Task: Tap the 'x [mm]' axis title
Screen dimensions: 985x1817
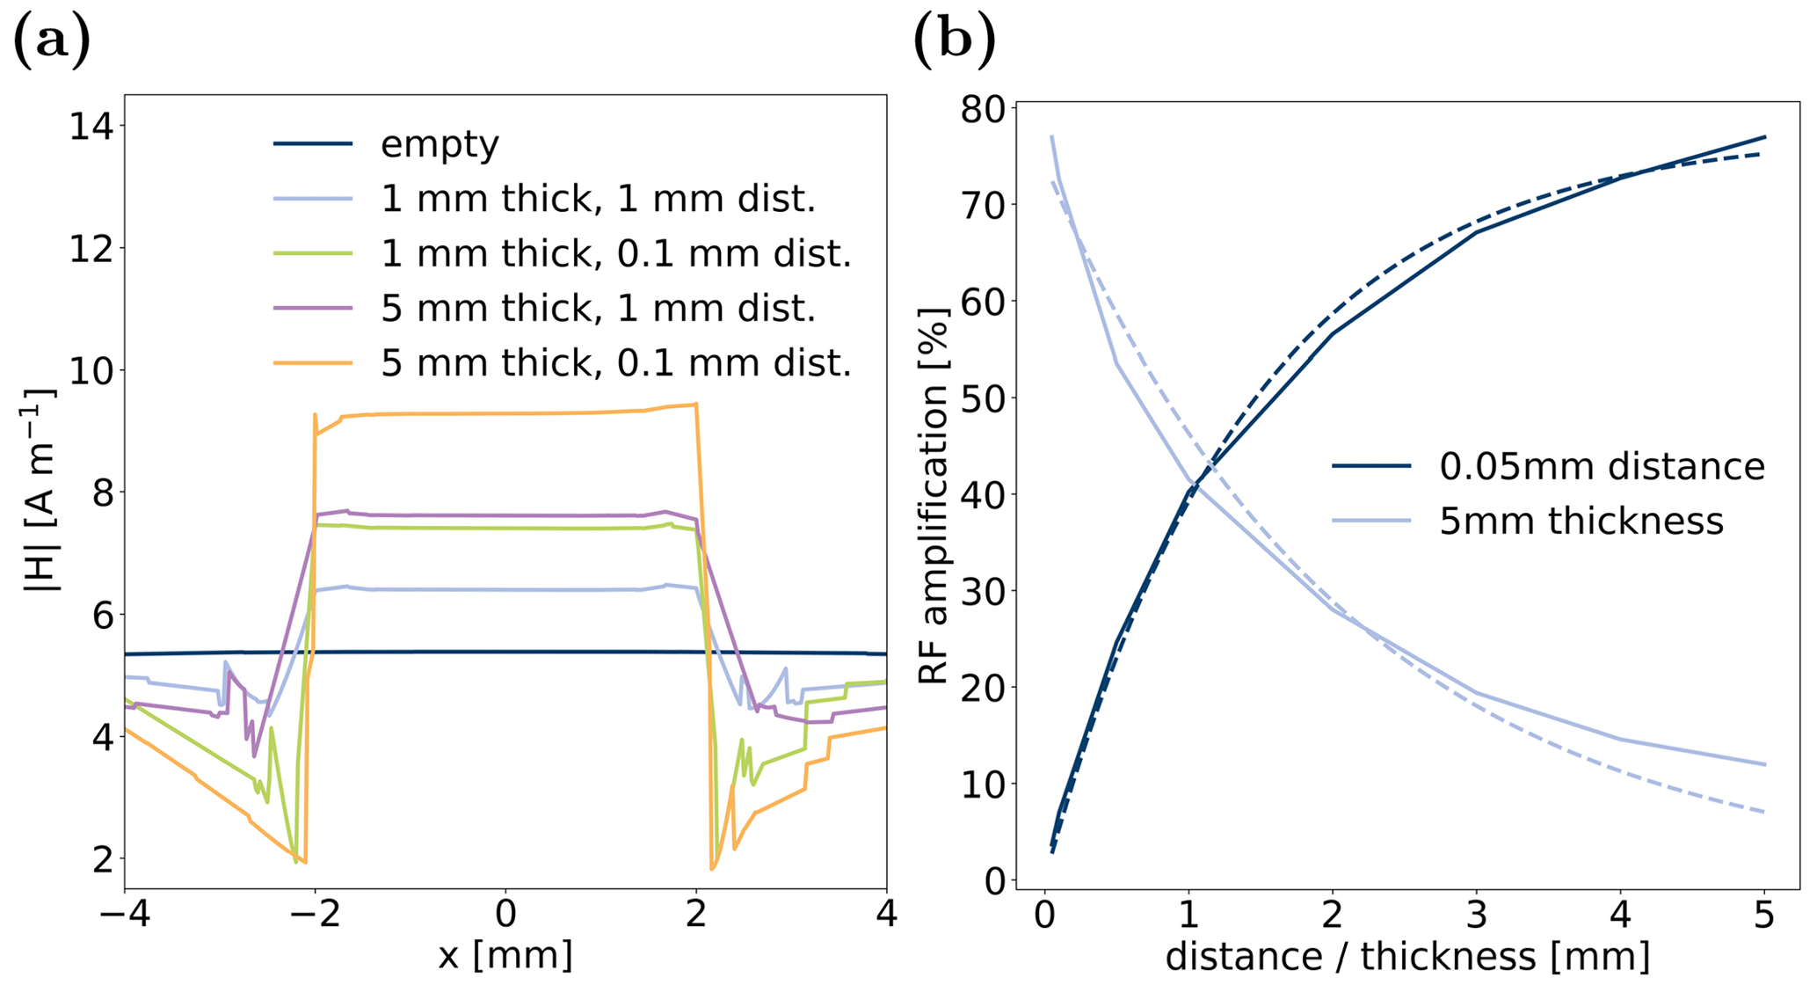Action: pos(505,955)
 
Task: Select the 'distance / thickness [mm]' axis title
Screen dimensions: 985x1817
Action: pos(1406,957)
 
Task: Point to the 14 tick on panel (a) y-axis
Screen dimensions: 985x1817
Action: pos(91,127)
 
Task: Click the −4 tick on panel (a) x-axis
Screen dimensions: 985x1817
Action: pos(124,915)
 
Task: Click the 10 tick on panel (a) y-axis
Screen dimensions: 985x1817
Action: pos(91,370)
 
